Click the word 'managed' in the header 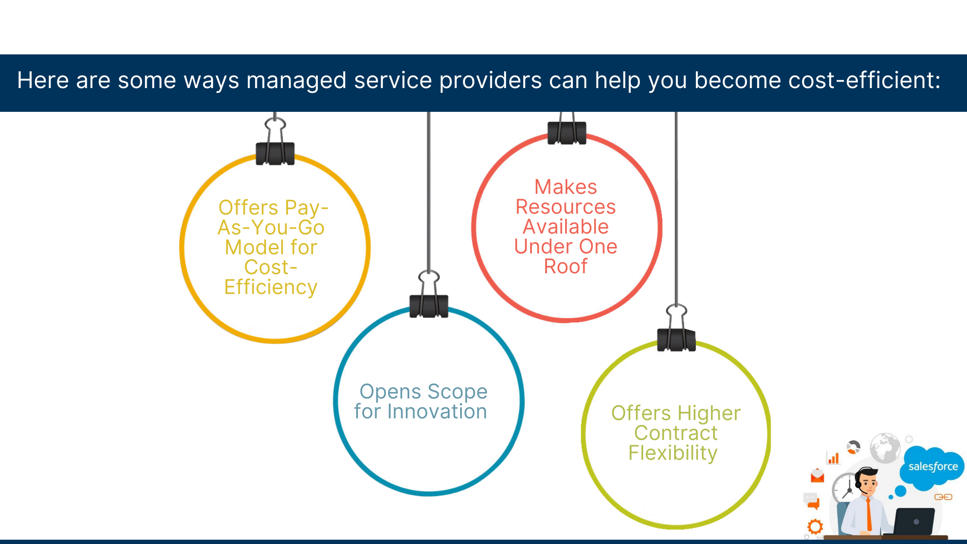[x=296, y=81]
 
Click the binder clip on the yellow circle [x=275, y=142]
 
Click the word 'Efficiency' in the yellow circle [x=271, y=288]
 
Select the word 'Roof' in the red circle [x=566, y=266]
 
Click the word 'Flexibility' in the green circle [x=673, y=453]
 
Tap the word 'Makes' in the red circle [x=566, y=187]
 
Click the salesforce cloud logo [x=932, y=467]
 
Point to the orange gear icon [x=815, y=527]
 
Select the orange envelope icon [x=817, y=476]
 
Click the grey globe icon [x=885, y=448]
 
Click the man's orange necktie [x=869, y=514]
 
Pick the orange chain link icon [x=943, y=497]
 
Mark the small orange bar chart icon [x=833, y=458]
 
